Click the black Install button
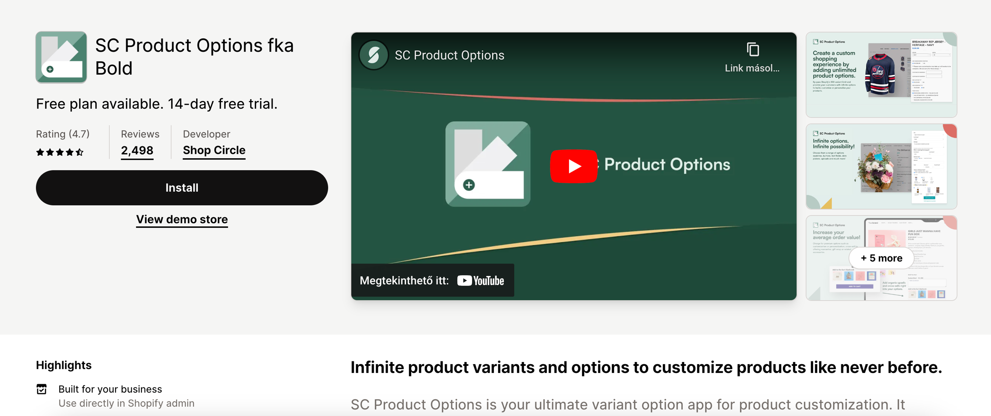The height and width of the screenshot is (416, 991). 182,188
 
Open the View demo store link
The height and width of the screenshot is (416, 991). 182,219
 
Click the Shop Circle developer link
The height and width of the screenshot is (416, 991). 214,150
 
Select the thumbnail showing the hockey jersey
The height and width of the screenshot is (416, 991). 881,74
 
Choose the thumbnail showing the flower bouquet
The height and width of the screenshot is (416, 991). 881,166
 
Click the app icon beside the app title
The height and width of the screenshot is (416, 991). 61,57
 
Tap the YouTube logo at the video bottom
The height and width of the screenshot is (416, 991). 481,280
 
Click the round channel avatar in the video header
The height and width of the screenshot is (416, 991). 373,55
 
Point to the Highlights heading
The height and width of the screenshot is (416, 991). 64,365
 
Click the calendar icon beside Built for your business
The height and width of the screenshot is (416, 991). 42,389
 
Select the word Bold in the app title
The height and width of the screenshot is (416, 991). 114,68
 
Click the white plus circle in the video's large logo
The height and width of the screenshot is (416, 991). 469,185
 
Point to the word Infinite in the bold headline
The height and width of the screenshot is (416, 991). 376,367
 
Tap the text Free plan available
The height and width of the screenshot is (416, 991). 100,104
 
